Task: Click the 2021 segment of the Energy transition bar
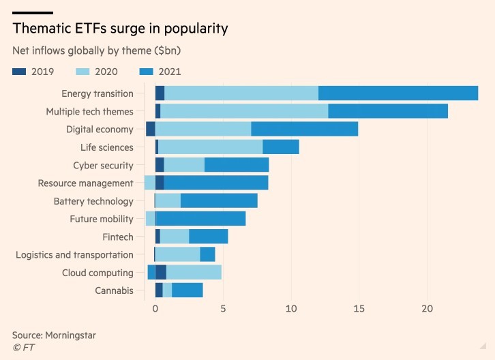click(x=398, y=93)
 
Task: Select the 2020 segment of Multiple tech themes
click(x=244, y=111)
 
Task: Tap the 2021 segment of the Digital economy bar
click(x=304, y=129)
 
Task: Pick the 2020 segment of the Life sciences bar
click(x=210, y=147)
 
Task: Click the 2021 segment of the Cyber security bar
click(x=237, y=164)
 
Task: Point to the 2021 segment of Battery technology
click(x=219, y=200)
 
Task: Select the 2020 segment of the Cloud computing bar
click(x=194, y=272)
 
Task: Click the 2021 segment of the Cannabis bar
click(x=187, y=290)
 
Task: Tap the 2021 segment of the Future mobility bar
click(x=200, y=218)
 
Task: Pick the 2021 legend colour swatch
click(x=147, y=71)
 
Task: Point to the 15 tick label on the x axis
click(x=359, y=308)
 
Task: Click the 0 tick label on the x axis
click(x=155, y=308)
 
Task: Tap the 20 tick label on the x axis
click(x=427, y=308)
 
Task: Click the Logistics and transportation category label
click(x=74, y=254)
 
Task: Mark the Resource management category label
click(x=85, y=183)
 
